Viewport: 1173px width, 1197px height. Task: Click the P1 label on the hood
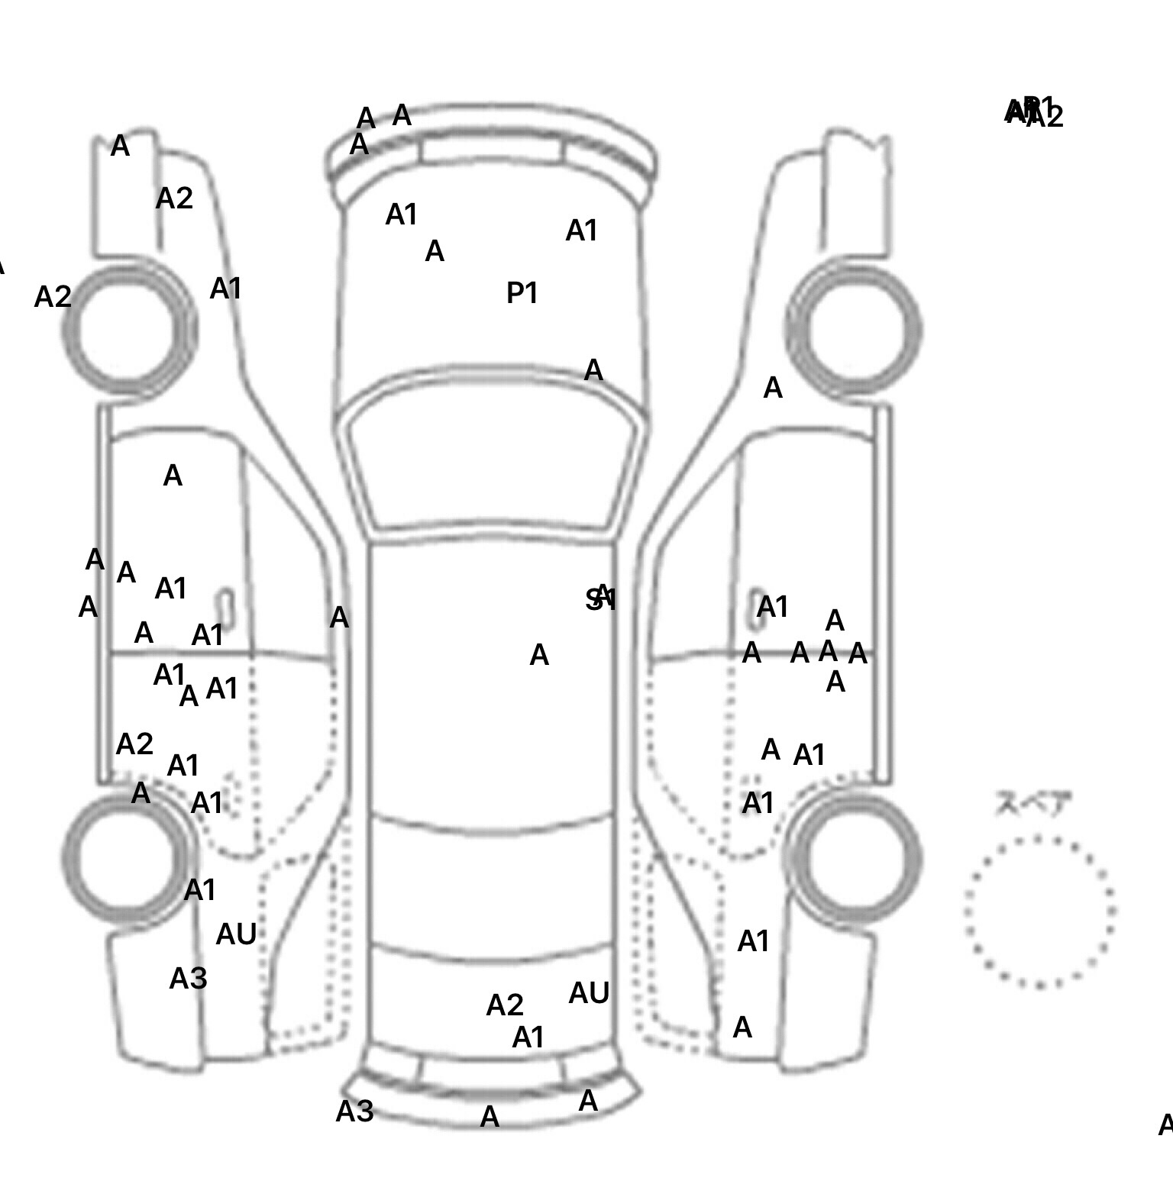tap(522, 293)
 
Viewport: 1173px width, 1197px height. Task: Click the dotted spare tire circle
tap(1039, 911)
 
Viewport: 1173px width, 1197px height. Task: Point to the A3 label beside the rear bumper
tap(354, 1111)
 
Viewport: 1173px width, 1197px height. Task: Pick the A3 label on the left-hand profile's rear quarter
tap(188, 978)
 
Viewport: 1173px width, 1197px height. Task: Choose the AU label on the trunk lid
tap(589, 993)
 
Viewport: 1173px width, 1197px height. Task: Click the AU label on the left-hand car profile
tap(236, 934)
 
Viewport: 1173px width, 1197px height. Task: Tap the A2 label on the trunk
tap(505, 1005)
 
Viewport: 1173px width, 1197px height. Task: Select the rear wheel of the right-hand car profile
tap(854, 857)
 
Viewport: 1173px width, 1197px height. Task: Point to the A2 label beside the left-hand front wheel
tap(53, 297)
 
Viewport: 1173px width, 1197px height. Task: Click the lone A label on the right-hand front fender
tap(773, 389)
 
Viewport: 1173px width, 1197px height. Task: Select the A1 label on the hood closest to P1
tap(581, 231)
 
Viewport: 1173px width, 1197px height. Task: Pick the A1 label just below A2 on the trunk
tap(528, 1037)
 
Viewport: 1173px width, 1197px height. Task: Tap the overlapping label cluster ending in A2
tap(1034, 113)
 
